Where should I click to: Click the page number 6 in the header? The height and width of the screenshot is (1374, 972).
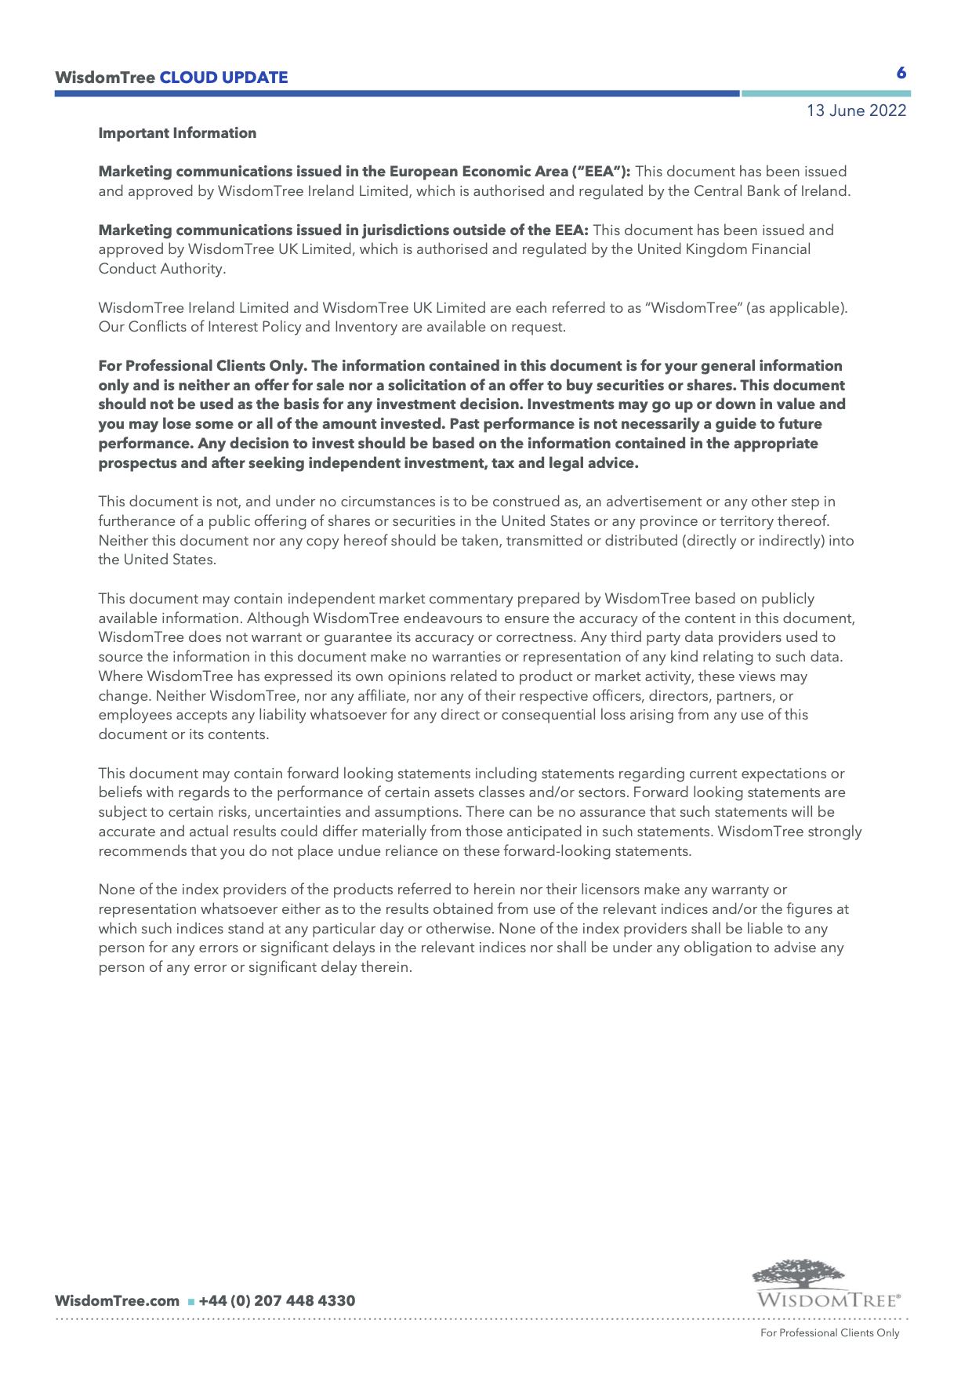click(x=901, y=73)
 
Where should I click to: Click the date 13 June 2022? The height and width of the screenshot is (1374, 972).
click(x=856, y=111)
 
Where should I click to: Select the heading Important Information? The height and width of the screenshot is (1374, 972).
click(x=177, y=133)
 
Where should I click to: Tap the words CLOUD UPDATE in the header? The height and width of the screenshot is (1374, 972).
click(x=223, y=78)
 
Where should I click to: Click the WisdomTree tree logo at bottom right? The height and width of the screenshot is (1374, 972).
click(x=799, y=1274)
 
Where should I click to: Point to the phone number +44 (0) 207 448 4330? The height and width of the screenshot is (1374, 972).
click(x=277, y=1301)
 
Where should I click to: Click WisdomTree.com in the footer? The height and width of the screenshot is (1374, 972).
click(x=117, y=1301)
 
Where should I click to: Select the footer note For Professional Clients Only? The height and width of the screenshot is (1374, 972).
click(x=829, y=1333)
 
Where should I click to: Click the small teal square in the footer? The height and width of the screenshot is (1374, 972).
click(x=190, y=1302)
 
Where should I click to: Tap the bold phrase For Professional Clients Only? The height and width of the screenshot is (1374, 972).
click(x=201, y=366)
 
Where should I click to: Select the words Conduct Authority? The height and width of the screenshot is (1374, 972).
click(x=161, y=269)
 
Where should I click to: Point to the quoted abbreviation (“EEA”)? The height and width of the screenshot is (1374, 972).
click(x=601, y=172)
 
